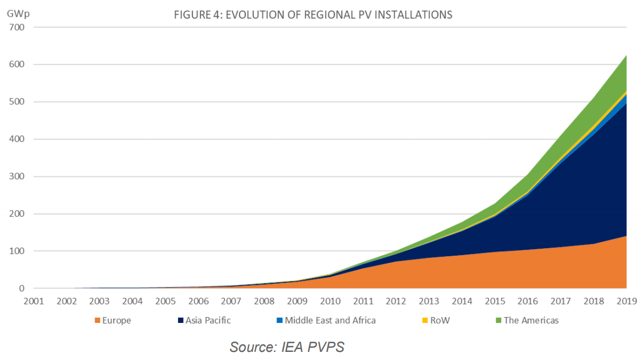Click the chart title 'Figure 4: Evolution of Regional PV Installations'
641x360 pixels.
pyautogui.click(x=313, y=15)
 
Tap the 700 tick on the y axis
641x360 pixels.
pyautogui.click(x=17, y=27)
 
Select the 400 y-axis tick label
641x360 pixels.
pyautogui.click(x=17, y=139)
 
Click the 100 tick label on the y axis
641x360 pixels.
pyautogui.click(x=17, y=251)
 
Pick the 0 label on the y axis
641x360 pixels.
pyautogui.click(x=22, y=289)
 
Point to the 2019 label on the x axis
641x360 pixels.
pyautogui.click(x=627, y=301)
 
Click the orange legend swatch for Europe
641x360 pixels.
pyautogui.click(x=97, y=321)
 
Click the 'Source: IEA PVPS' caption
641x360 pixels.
pyautogui.click(x=287, y=347)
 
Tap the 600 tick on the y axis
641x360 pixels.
pyautogui.click(x=17, y=64)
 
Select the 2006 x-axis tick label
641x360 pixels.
pyautogui.click(x=199, y=301)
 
